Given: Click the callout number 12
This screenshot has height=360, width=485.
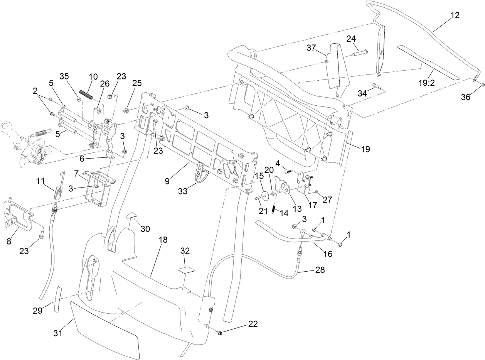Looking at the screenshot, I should click(x=455, y=15).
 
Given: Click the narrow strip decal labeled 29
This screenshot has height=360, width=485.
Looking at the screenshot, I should click(x=59, y=299).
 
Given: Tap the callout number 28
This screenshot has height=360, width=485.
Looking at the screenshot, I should click(x=320, y=270).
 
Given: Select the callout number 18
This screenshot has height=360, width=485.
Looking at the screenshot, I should click(x=163, y=240).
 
